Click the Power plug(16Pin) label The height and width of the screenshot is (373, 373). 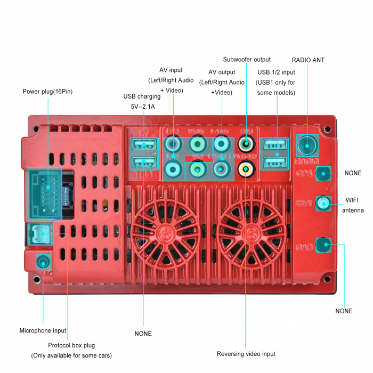coord(47,92)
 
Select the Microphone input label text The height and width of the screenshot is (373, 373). coord(43,330)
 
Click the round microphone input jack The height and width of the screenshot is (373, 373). coord(43,262)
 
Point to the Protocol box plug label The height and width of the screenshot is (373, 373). coord(71,345)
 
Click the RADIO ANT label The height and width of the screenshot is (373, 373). coord(308,60)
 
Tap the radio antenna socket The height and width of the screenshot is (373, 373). coord(308,144)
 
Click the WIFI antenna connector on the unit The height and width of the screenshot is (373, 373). coord(323,203)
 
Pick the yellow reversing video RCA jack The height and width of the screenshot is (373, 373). coord(246,169)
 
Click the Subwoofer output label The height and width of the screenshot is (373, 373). coord(247,60)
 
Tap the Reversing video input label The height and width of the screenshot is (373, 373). coord(246,354)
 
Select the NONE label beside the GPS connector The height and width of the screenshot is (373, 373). coord(353,173)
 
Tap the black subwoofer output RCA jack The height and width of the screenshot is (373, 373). coord(246,143)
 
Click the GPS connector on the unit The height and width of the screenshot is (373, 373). coord(323,173)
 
